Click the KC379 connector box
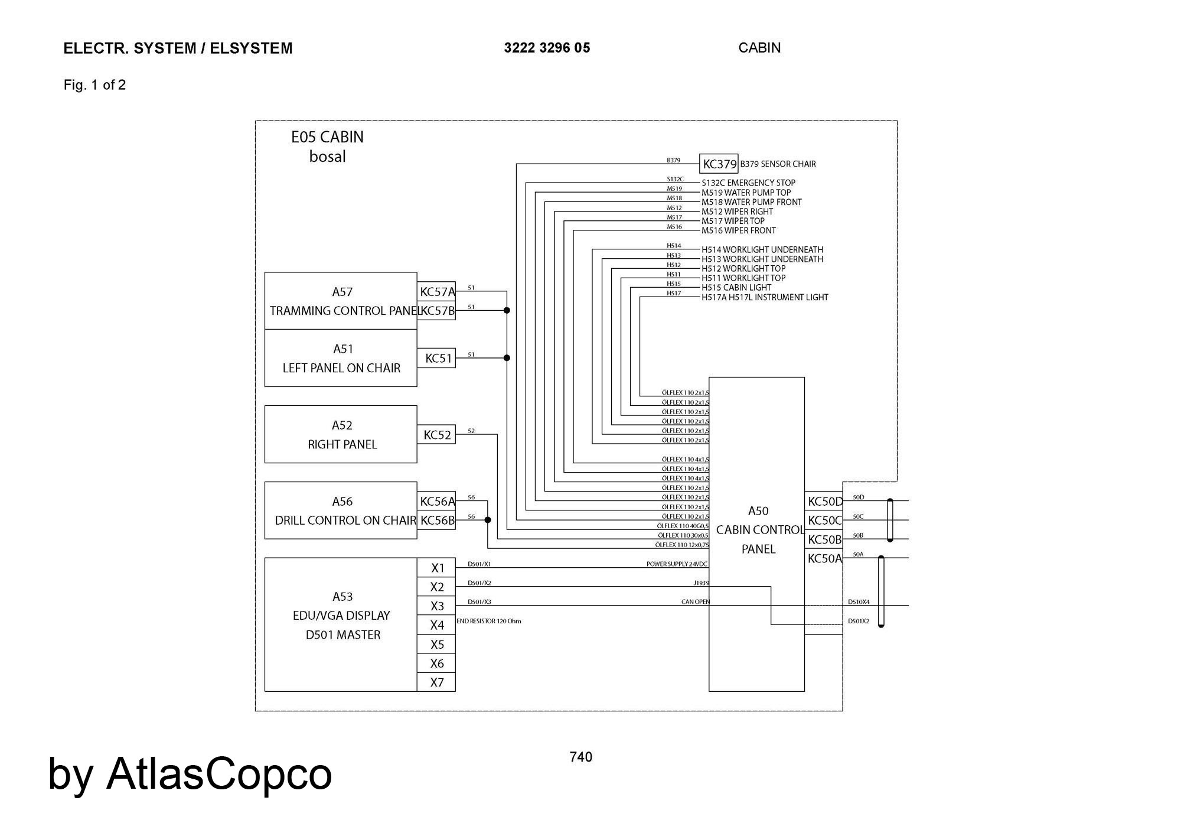tap(719, 164)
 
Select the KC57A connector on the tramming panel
tap(437, 291)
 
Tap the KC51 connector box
tap(438, 358)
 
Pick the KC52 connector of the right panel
tap(437, 435)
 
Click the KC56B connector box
tap(437, 521)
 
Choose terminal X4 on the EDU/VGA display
tap(437, 625)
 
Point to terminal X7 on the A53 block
tap(437, 682)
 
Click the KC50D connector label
tap(824, 502)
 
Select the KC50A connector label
tap(824, 558)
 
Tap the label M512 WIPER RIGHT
tap(737, 212)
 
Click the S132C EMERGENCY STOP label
tap(748, 183)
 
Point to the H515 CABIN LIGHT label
tap(736, 288)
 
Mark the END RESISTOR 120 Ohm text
tap(489, 621)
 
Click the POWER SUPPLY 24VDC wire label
tap(676, 564)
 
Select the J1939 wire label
tap(701, 583)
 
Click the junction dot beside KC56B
tap(488, 520)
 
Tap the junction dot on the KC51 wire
tap(507, 358)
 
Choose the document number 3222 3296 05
tap(547, 48)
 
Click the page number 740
tap(581, 757)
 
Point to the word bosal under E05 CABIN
tap(327, 157)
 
